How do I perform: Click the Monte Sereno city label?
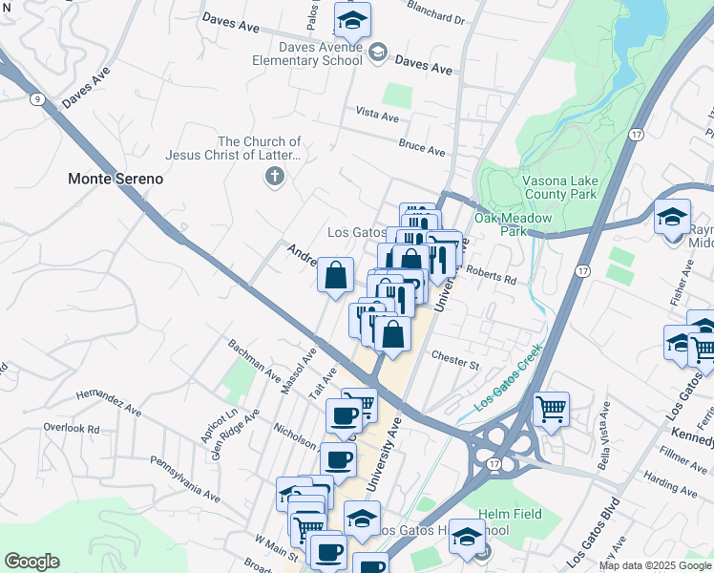tap(115, 179)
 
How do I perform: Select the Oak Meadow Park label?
tap(514, 224)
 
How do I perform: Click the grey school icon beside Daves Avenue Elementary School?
tap(378, 53)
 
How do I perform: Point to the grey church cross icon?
tap(275, 176)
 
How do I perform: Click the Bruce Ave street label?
tap(422, 150)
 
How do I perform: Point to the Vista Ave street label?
tap(376, 116)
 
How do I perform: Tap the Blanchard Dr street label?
tap(434, 18)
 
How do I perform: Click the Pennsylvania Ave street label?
tap(184, 478)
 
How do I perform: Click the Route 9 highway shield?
tap(35, 98)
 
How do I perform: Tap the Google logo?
tap(31, 562)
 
